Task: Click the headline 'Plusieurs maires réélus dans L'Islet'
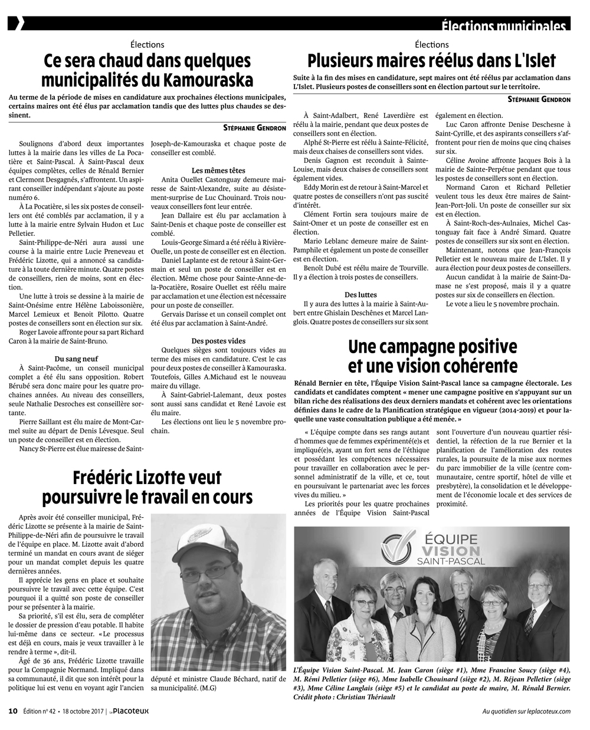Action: (x=432, y=61)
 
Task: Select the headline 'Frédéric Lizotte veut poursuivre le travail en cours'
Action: (x=147, y=486)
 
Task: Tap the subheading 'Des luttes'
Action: (x=360, y=294)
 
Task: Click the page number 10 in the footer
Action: (x=13, y=711)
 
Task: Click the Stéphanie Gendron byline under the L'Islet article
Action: (x=539, y=100)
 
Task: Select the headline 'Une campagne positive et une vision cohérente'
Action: (x=432, y=355)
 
